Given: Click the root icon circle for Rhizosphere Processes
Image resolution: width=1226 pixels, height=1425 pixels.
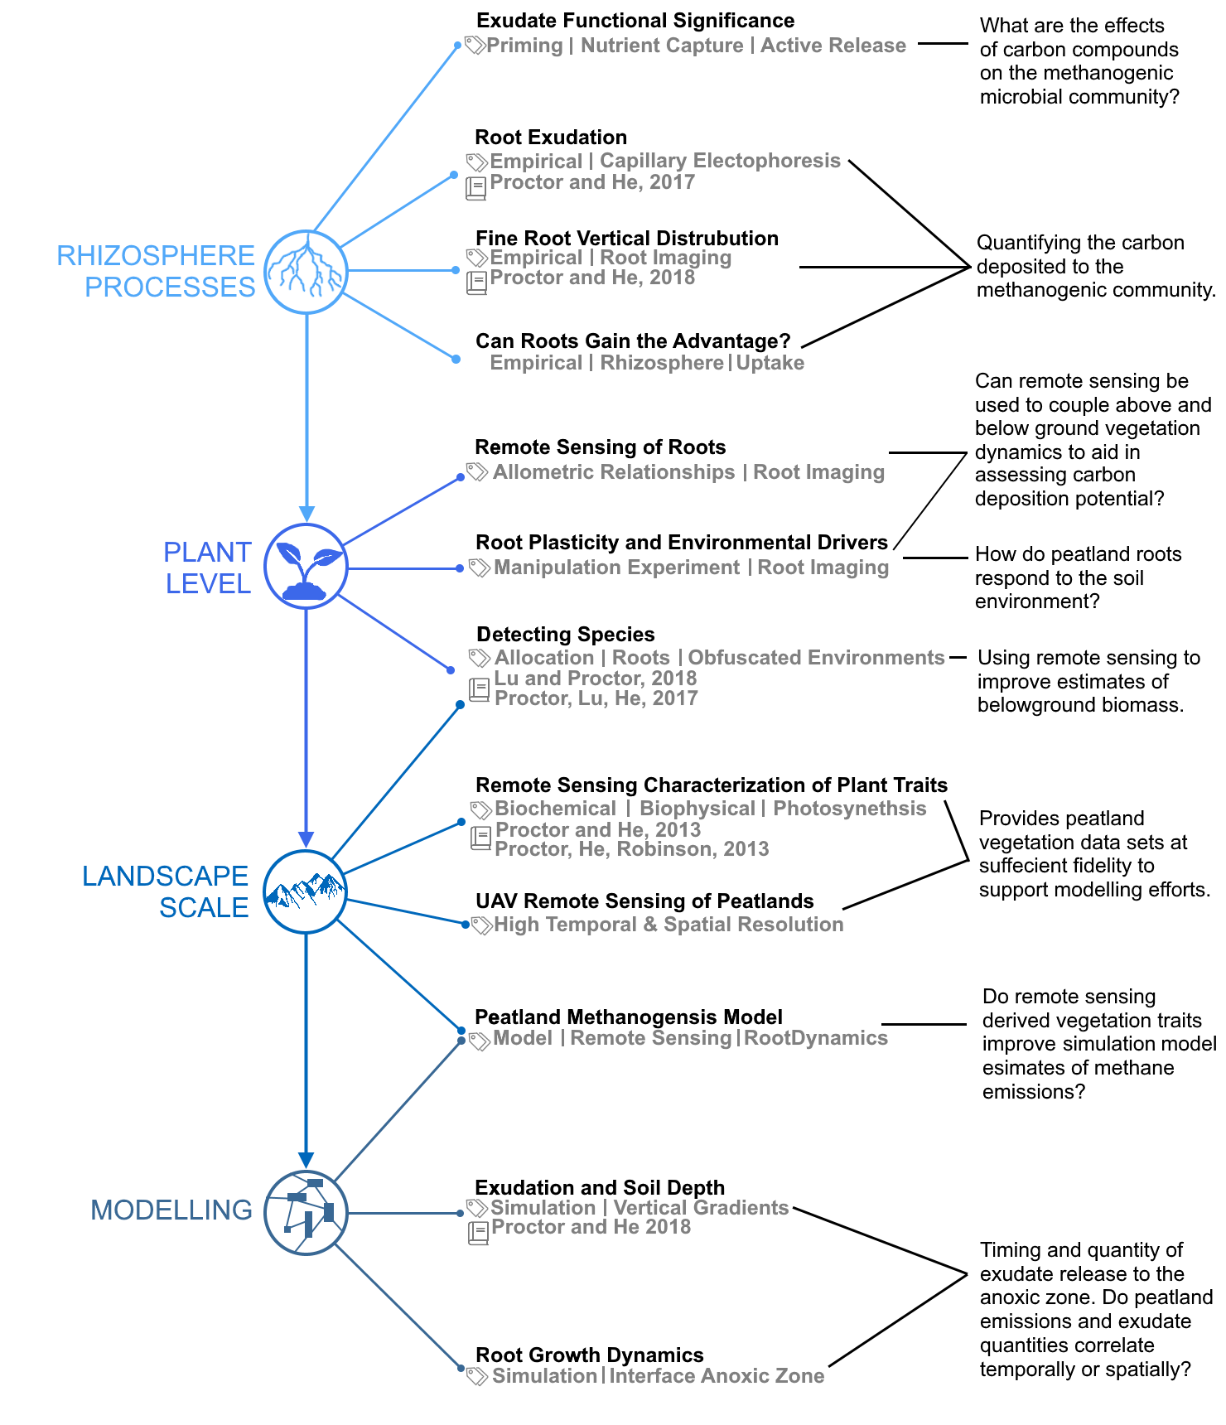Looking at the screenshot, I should [306, 272].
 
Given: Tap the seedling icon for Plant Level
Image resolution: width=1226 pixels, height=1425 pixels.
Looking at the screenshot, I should [306, 567].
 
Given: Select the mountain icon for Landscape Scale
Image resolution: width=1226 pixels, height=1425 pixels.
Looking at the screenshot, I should [306, 891].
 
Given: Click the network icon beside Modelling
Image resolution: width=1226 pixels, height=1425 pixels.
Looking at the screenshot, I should [306, 1212].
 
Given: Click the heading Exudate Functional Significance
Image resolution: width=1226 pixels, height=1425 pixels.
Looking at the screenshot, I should [635, 21].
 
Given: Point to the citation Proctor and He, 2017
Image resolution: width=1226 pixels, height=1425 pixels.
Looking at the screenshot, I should [591, 182].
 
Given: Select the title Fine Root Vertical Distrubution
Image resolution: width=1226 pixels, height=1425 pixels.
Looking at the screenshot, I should [626, 239].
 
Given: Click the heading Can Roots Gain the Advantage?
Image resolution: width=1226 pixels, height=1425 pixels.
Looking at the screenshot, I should [632, 341].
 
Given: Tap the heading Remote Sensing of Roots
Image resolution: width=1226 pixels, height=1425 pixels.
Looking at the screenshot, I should [600, 447].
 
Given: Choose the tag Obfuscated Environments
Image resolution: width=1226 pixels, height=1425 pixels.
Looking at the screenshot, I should [816, 658].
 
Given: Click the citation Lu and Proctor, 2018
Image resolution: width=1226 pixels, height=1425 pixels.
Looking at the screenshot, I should [595, 679].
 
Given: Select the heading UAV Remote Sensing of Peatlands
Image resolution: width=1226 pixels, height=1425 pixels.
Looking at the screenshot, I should [644, 901].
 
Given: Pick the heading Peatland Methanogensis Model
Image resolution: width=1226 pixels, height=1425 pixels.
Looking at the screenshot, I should [628, 1017].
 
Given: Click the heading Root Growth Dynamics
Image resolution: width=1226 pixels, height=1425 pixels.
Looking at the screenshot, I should [589, 1355].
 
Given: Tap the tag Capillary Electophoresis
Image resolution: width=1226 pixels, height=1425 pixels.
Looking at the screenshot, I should [720, 161].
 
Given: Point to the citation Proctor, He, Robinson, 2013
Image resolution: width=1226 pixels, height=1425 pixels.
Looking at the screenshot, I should [631, 849].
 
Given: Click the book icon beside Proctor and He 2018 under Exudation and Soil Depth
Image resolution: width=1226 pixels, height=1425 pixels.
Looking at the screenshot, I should [478, 1233].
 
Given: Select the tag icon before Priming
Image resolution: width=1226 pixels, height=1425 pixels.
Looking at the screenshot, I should [474, 45].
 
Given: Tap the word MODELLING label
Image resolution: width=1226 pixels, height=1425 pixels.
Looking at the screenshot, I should [171, 1210].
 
